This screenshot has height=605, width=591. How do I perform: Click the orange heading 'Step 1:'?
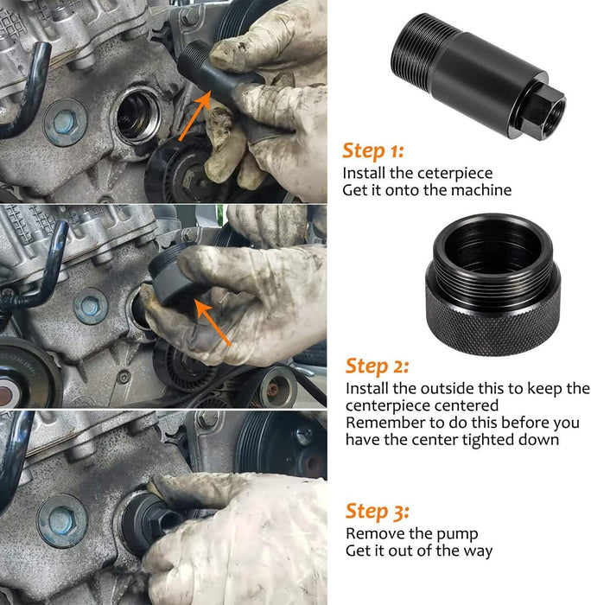coord(373,151)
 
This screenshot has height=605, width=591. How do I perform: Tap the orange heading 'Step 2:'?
coord(377,366)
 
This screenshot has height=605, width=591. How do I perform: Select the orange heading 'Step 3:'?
coord(378,512)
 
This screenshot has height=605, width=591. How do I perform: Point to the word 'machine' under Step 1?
coord(481,190)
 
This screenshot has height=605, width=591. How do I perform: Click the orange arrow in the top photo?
coord(195,115)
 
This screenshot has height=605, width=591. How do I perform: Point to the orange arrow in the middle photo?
coord(213,322)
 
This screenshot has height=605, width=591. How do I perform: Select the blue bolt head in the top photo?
coord(65,123)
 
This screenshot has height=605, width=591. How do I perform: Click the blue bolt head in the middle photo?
coord(90,306)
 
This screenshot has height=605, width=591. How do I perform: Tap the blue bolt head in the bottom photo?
coord(62,521)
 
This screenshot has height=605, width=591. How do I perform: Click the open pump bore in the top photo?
coord(136,115)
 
